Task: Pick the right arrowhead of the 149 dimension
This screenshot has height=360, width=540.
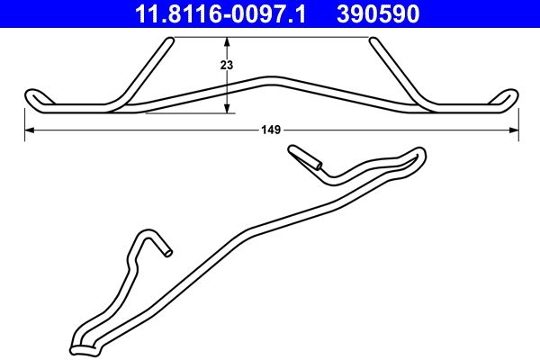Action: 514,130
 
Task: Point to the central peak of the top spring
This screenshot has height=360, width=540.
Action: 271,78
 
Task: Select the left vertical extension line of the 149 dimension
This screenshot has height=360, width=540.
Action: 22,121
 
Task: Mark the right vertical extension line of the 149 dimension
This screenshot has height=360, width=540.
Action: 519,121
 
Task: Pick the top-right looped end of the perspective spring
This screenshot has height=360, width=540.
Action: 417,155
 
